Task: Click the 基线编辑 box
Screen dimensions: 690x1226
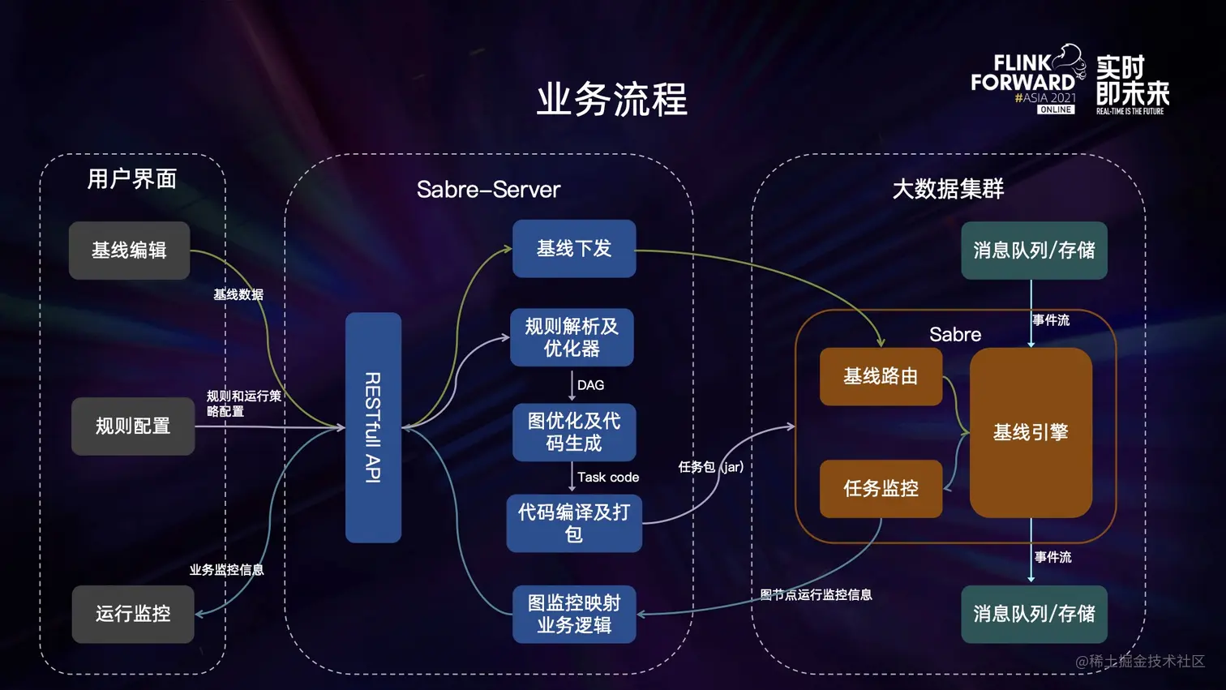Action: pos(129,251)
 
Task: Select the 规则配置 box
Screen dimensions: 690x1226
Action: pos(133,426)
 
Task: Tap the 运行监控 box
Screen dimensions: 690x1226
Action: pos(133,614)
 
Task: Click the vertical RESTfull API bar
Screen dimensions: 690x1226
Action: pos(373,427)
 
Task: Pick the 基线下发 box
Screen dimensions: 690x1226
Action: pos(574,249)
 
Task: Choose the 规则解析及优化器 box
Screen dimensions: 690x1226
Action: pos(572,337)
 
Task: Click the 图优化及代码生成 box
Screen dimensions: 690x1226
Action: pos(574,432)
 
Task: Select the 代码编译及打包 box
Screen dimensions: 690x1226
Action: pos(574,523)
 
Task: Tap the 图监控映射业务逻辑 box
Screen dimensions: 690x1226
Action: pos(574,614)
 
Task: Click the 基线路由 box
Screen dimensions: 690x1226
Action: pos(881,376)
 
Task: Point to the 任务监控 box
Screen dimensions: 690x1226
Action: pos(881,488)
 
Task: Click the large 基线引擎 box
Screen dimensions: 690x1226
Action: pos(1031,432)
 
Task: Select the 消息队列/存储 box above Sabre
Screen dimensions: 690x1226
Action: pos(1034,251)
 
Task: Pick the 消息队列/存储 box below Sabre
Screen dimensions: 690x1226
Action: pos(1034,614)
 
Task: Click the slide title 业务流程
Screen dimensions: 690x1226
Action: pos(612,100)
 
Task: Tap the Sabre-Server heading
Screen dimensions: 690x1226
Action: pos(488,190)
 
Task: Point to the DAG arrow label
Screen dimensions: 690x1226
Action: pos(591,385)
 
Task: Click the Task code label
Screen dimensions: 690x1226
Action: pos(608,478)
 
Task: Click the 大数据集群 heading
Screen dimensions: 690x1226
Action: pos(948,190)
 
